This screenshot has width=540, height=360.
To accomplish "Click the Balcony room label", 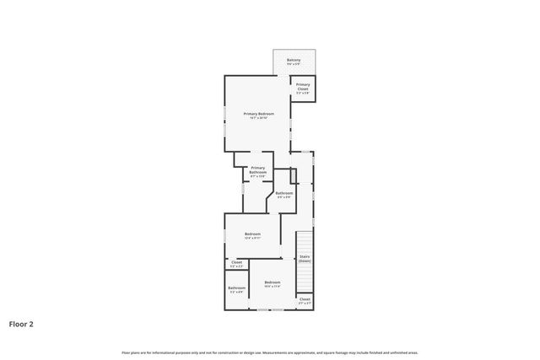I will click(294, 60).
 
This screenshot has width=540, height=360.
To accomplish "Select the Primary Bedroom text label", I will click(258, 113).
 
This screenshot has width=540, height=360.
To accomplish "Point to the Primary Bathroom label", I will click(257, 169).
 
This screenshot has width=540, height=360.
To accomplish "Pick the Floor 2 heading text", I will click(22, 323).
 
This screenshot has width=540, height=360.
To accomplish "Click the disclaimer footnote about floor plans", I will click(269, 352).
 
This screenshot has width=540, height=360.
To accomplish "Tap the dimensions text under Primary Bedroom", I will click(258, 118).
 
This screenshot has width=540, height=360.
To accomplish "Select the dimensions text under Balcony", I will click(294, 64).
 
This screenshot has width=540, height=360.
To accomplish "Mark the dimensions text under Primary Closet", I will click(303, 93).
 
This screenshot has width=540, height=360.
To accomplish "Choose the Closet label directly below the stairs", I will click(305, 298).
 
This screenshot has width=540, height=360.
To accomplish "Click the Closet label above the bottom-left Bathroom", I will click(236, 262).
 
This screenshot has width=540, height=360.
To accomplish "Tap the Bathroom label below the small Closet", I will click(236, 287).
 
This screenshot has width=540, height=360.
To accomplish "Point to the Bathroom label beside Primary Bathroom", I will click(283, 193).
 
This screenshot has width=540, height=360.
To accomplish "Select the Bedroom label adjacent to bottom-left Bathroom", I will click(272, 282).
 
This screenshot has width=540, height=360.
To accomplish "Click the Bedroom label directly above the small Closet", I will click(252, 234).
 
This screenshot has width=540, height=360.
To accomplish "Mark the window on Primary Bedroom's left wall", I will click(224, 118).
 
